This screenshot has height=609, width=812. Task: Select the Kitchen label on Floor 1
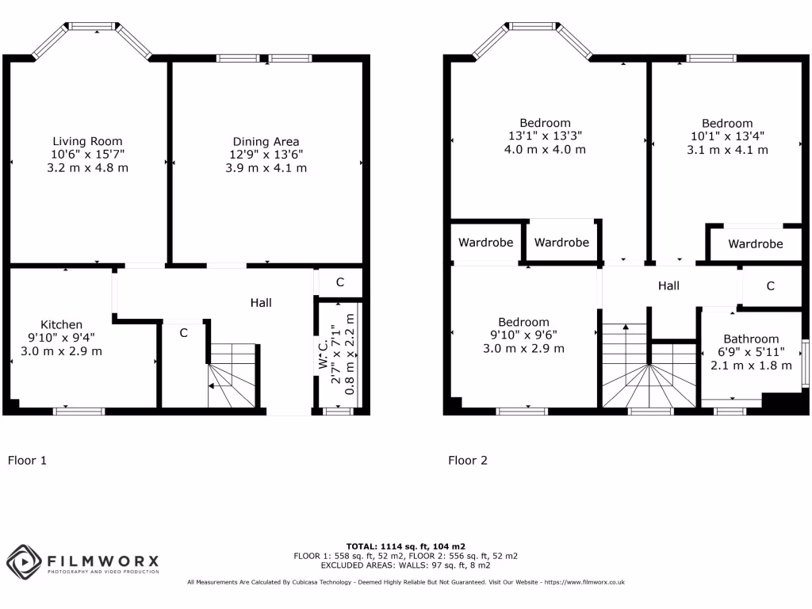61,324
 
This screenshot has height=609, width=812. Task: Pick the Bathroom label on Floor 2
750,339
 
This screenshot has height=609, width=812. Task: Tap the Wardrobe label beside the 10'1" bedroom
755,244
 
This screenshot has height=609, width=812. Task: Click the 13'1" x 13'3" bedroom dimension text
545,136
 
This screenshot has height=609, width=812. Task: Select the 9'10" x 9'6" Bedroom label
523,322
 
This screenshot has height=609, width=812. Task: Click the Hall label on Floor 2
668,285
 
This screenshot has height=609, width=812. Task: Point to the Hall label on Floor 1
261,302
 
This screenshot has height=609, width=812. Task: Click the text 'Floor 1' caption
28,460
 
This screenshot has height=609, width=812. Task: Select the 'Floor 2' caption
468,460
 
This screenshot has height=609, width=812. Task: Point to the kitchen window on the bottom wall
79,411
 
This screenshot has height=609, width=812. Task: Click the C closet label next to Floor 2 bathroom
770,286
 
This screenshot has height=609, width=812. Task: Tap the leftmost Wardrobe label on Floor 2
485,243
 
